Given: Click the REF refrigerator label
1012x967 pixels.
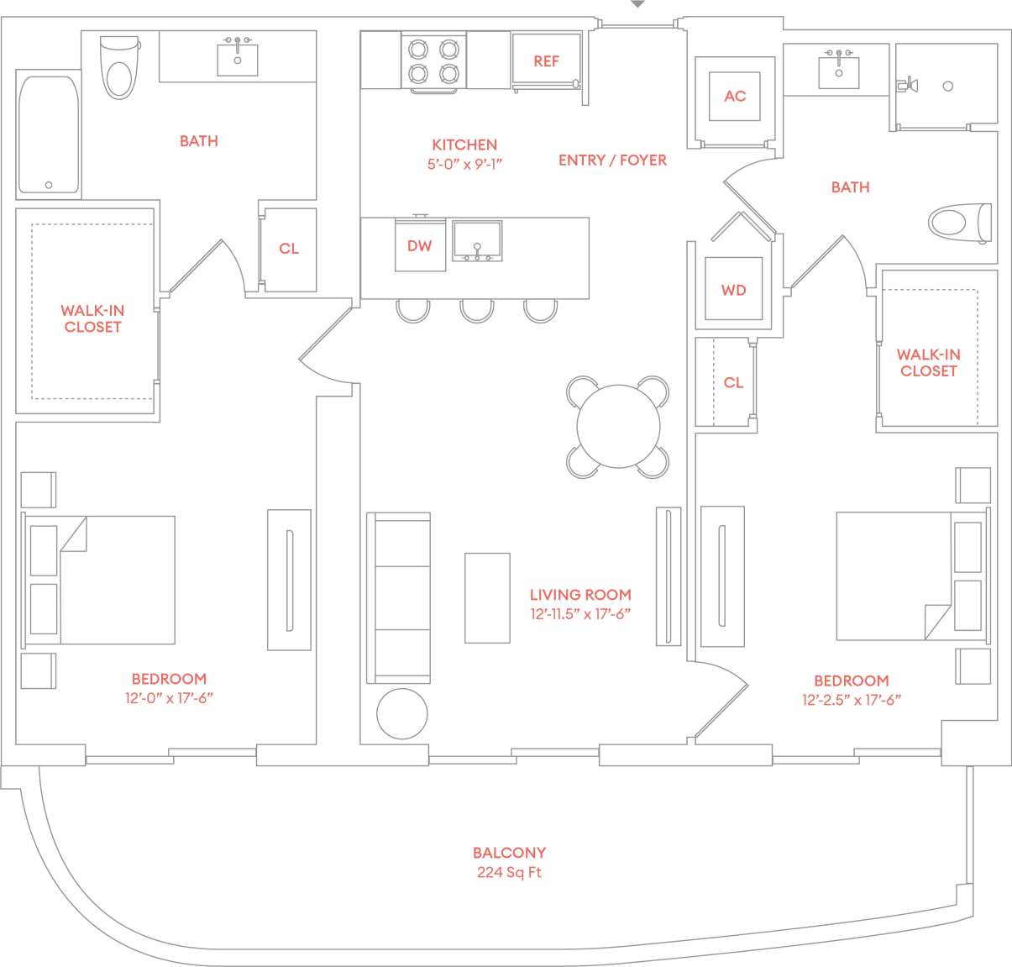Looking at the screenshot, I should (x=546, y=61).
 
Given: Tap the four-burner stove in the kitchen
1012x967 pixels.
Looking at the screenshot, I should (x=433, y=60).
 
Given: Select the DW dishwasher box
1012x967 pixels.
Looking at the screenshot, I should (x=420, y=245).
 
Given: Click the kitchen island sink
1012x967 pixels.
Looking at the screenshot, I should (x=477, y=241).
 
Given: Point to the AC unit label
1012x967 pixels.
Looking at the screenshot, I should (x=735, y=97).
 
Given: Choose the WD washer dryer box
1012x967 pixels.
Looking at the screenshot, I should (x=733, y=290).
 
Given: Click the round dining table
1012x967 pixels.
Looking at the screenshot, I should (x=618, y=427).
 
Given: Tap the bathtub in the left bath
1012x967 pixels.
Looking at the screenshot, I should (x=49, y=134).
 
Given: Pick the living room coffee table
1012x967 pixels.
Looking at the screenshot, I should (x=487, y=598).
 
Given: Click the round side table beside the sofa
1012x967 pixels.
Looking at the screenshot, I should (x=402, y=714).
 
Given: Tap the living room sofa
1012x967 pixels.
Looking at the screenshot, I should (x=399, y=597).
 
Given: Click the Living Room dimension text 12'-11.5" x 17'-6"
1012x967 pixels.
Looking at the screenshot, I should (x=579, y=614).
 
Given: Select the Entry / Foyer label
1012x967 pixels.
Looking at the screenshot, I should (x=612, y=160).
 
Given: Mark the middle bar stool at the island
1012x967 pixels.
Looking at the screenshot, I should (x=476, y=310).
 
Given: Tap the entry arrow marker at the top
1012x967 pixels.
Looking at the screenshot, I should (x=637, y=4).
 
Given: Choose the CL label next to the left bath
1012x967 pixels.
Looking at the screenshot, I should (x=289, y=249).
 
